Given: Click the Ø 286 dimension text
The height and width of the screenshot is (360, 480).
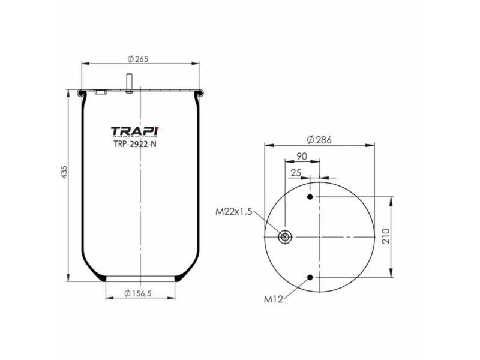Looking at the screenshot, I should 319,140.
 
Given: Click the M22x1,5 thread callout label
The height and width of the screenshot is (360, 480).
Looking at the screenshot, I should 233,211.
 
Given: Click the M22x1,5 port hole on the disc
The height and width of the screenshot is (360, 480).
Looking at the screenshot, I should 285,238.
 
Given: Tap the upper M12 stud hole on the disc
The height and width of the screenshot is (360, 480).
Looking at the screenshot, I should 310,197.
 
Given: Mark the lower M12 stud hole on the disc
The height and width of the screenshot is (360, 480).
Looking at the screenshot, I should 310,277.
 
